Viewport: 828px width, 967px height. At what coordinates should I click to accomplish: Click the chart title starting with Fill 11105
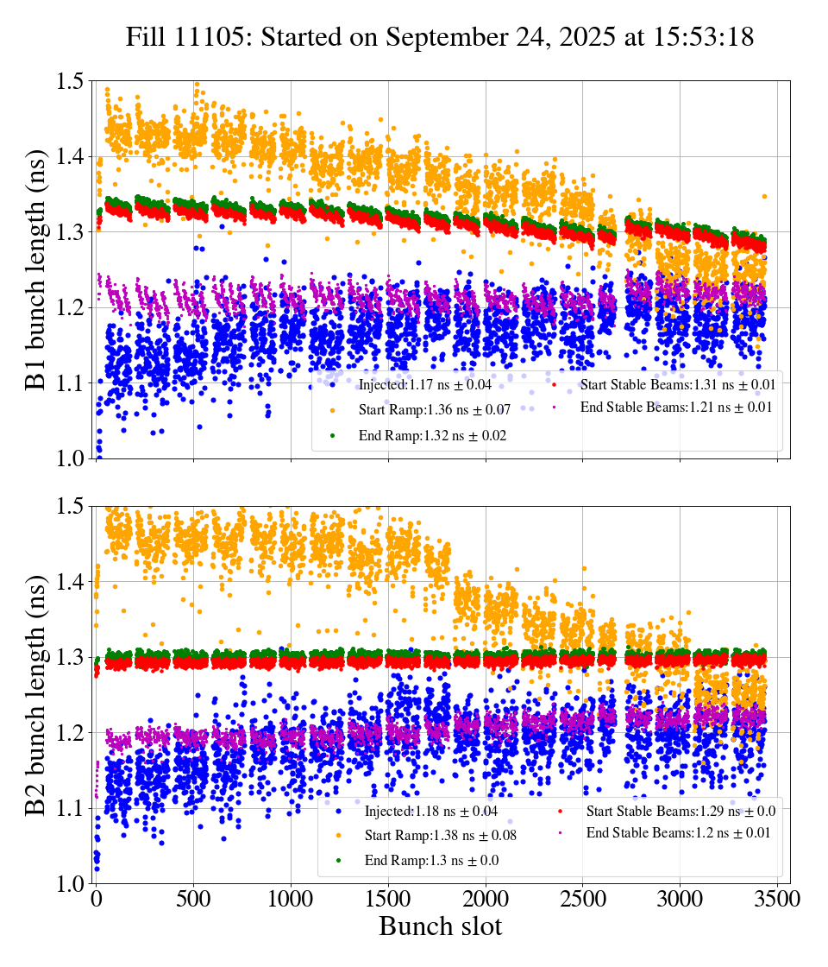pos(440,37)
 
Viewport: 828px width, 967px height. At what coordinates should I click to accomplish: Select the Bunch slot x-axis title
pos(440,927)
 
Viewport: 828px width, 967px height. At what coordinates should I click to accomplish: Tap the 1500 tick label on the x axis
pos(388,900)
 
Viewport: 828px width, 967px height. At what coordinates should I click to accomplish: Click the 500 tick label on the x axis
pos(193,900)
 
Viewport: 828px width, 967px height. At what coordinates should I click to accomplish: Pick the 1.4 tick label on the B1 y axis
pos(70,156)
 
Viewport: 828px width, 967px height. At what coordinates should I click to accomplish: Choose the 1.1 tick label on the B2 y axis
pos(70,808)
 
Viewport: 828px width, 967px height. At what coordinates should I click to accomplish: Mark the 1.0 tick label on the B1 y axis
pos(70,458)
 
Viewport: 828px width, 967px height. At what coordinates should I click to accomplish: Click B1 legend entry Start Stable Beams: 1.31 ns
pos(665,384)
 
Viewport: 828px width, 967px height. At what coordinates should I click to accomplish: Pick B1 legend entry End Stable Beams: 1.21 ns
pos(663,406)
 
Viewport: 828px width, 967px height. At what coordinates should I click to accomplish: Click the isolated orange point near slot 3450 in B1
pos(764,197)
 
